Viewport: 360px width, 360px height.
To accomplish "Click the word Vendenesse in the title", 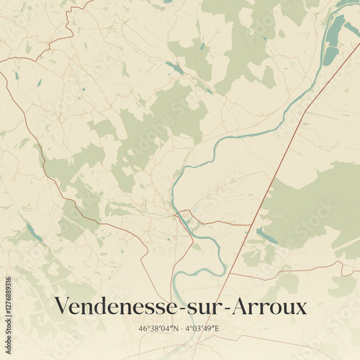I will pyautogui.click(x=111, y=307).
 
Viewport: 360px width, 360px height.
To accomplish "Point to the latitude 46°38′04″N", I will pyautogui.click(x=158, y=329).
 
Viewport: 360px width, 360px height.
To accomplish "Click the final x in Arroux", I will pyautogui.click(x=301, y=307).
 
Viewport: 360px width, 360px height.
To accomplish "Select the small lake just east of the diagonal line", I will pyautogui.click(x=266, y=236).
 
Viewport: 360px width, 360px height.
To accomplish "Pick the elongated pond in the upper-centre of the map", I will pyautogui.click(x=175, y=68).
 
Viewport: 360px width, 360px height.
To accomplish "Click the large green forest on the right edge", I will pyautogui.click(x=317, y=209).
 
